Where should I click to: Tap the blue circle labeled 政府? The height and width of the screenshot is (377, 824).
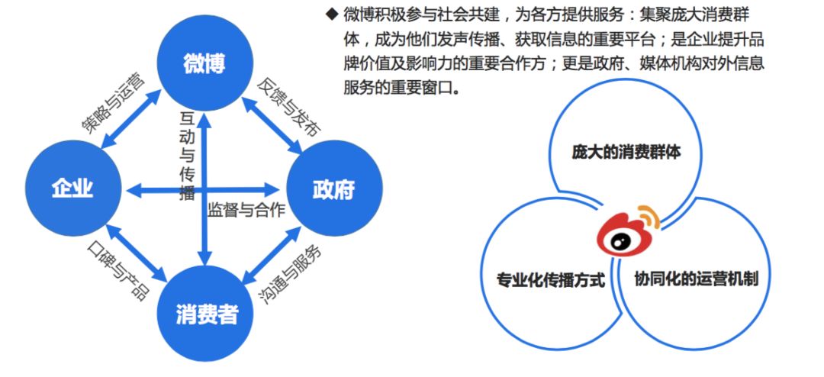point(333,189)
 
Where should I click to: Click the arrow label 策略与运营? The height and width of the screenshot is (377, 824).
point(112,101)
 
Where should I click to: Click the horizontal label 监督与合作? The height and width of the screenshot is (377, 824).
point(246,210)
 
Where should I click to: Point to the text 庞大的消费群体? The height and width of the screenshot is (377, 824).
point(626,152)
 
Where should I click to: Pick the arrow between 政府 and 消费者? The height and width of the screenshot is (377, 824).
point(271,252)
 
